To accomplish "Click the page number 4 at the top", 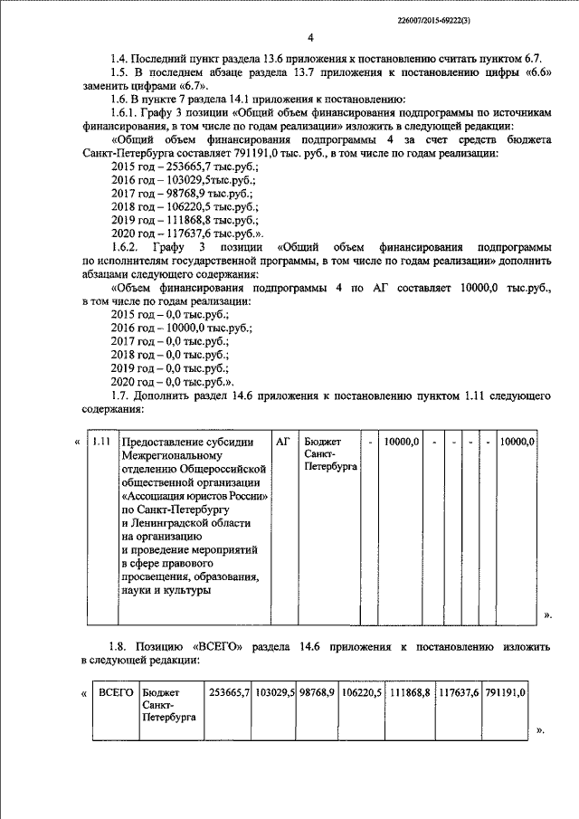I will tap(309, 38).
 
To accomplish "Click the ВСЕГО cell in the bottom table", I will tap(115, 692).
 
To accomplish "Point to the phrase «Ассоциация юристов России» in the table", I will tap(195, 497).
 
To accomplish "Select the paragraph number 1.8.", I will tap(119, 649).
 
